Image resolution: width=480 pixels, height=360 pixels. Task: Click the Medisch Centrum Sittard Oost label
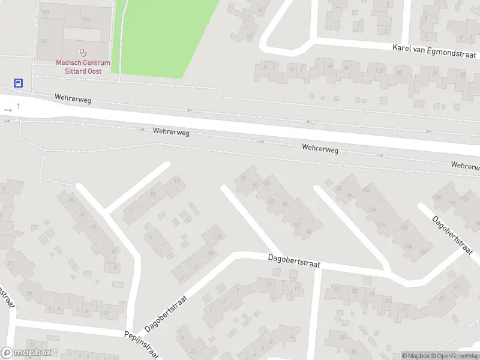coord(83,66)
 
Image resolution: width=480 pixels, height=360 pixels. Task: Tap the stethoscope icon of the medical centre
coord(83,53)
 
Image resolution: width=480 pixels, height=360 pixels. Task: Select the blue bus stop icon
coord(19,84)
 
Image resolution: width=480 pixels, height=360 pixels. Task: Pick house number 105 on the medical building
coord(43,41)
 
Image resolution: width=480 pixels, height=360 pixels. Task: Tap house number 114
coord(382,224)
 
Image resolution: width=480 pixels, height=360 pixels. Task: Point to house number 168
coord(424,251)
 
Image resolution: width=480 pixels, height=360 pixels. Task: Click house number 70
coord(308,232)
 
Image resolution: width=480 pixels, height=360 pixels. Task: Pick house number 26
coord(72,200)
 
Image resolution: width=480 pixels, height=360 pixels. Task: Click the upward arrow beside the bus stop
coord(19,106)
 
